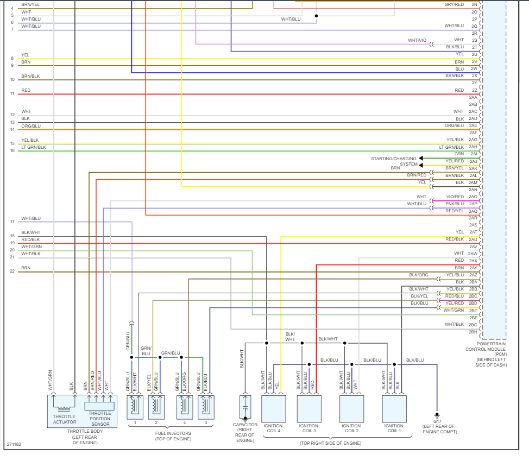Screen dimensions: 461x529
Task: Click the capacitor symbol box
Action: (x=245, y=407)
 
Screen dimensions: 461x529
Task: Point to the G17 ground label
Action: (x=437, y=421)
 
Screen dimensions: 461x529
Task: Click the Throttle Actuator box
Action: (x=65, y=411)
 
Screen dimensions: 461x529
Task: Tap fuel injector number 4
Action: (x=184, y=406)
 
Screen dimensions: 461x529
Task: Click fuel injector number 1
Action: (x=135, y=406)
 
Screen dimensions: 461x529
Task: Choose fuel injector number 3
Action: (x=206, y=406)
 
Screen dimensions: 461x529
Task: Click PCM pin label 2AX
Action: (x=473, y=261)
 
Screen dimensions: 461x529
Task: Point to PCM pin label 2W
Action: (x=474, y=69)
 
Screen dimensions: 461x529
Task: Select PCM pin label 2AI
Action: (x=474, y=154)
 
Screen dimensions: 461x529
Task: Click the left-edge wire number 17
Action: (x=12, y=222)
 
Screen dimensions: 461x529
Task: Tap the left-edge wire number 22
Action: (x=12, y=271)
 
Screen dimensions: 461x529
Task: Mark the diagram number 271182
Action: (x=14, y=444)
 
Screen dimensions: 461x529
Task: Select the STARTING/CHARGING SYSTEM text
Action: (x=394, y=161)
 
